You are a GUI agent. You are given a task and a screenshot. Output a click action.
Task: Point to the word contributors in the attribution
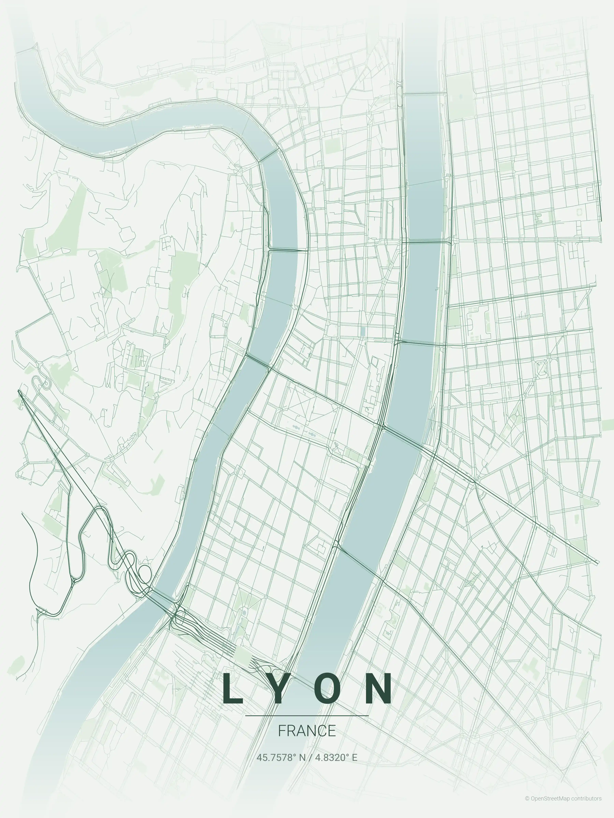[x=586, y=806]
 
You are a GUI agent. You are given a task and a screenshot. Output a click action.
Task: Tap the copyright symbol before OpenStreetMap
[x=527, y=806]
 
